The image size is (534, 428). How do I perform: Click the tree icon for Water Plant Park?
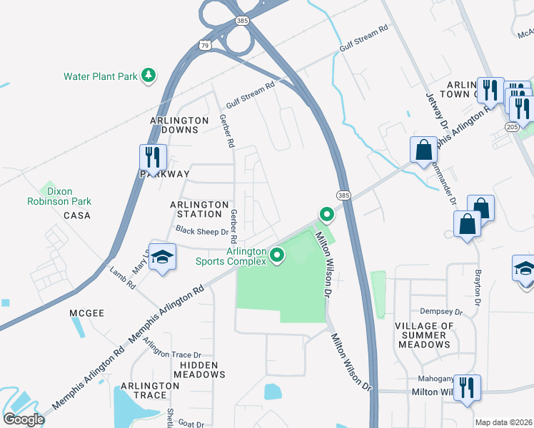[x=148, y=76]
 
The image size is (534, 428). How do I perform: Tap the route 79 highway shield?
[x=206, y=46]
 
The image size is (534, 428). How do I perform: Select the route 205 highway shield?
[x=512, y=126]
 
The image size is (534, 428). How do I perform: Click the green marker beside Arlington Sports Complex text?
[x=277, y=254]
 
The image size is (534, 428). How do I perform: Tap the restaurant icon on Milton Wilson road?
[x=467, y=388]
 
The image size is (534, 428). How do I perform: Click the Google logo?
[x=24, y=419]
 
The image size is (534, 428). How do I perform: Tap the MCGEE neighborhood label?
[x=87, y=312]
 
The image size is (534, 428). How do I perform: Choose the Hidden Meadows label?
[x=199, y=369]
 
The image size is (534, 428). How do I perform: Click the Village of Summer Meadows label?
[x=424, y=335]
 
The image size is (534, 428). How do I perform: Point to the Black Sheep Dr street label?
[x=202, y=231]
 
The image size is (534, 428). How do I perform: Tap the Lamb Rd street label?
[x=122, y=277]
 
